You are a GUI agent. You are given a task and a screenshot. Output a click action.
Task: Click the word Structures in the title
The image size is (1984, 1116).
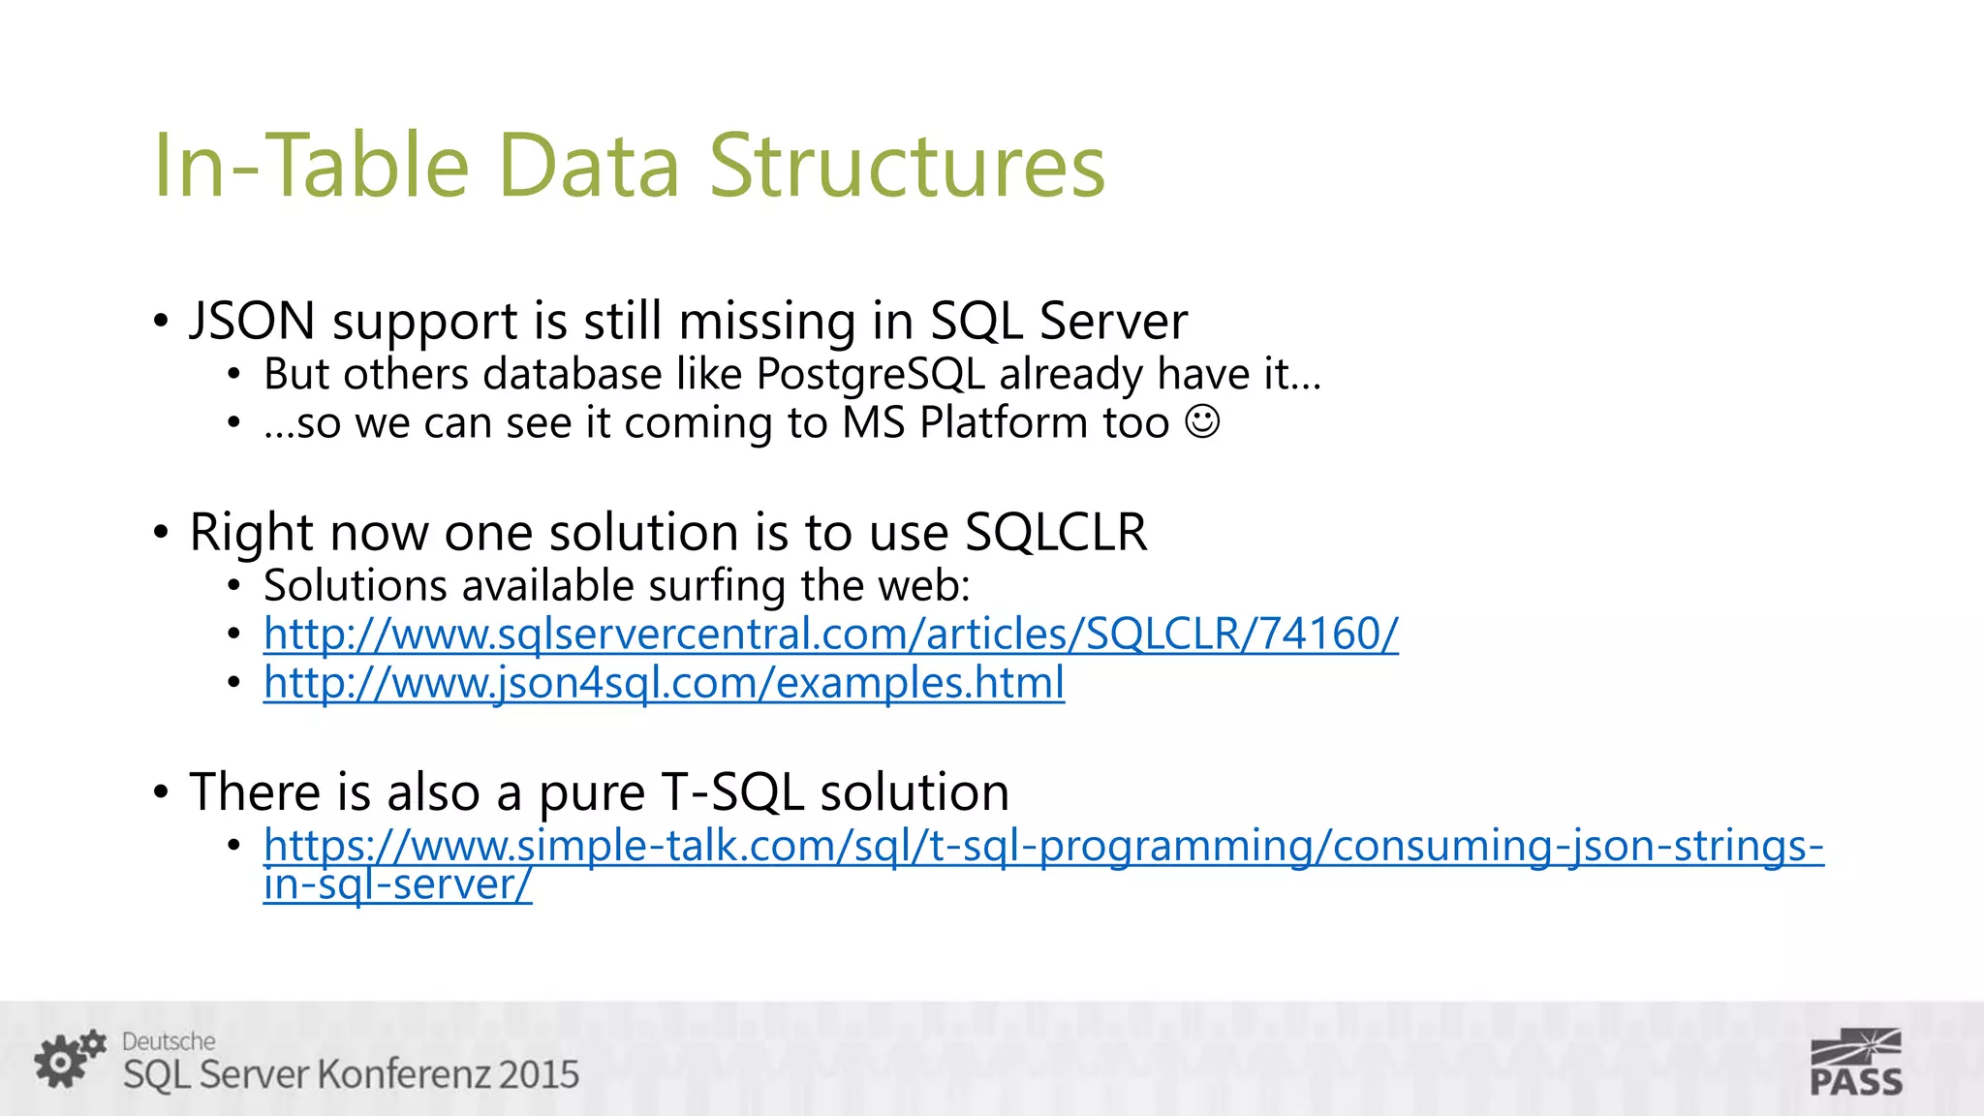pyautogui.click(x=907, y=166)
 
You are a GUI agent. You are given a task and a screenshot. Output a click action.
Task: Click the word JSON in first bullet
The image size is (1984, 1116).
pyautogui.click(x=252, y=321)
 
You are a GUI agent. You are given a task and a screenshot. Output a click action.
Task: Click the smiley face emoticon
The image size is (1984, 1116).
pyautogui.click(x=1202, y=422)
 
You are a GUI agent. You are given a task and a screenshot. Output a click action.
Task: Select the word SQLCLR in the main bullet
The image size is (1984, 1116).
pyautogui.click(x=1055, y=532)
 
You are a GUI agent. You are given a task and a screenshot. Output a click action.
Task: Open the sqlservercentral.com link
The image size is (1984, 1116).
pyautogui.click(x=830, y=635)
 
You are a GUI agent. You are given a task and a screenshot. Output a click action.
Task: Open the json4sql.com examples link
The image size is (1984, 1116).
pyautogui.click(x=664, y=683)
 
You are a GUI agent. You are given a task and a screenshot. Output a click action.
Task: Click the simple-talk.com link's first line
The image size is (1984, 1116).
pyautogui.click(x=1043, y=846)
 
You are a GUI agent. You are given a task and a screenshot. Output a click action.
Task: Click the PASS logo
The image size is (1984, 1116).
pyautogui.click(x=1855, y=1063)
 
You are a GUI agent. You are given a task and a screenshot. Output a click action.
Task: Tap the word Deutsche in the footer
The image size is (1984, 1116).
pyautogui.click(x=169, y=1041)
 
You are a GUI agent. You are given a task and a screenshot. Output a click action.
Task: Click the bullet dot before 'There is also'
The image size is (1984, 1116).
pyautogui.click(x=161, y=792)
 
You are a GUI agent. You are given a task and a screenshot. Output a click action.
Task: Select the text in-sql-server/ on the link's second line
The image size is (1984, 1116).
pyautogui.click(x=397, y=884)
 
